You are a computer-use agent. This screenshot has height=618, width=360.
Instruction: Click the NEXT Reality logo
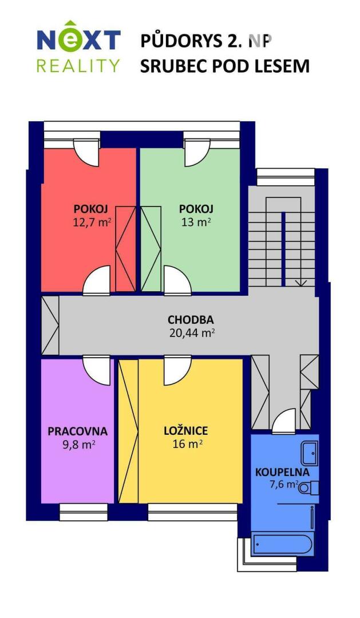78,46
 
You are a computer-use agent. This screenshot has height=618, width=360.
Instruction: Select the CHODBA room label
191,319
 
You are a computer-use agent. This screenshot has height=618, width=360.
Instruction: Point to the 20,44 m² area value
192,333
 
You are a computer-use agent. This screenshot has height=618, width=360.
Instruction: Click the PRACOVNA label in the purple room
78,431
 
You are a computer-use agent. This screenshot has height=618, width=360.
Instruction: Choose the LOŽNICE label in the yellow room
185,431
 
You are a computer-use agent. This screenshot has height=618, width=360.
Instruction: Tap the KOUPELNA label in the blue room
282,472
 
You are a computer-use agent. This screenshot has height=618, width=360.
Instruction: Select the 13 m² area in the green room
196,222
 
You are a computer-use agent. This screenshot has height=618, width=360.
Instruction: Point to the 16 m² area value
188,444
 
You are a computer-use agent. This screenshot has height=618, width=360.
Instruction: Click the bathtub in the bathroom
283,544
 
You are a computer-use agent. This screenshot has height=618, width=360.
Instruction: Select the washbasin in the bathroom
310,453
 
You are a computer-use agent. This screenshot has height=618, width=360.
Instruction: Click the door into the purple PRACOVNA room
96,370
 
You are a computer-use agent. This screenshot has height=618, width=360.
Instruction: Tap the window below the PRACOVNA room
84,512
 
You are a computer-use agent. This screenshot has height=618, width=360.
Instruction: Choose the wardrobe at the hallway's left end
50,325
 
